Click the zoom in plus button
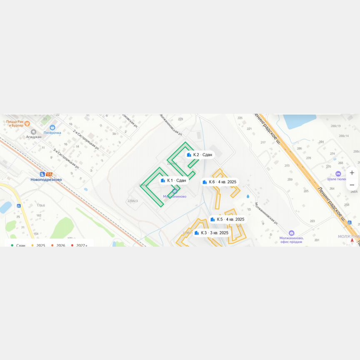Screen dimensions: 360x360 [x=352, y=172]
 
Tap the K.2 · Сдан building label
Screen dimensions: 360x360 [x=200, y=155]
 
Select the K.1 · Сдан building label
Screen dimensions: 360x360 [x=174, y=180]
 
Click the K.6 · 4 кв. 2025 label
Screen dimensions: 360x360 [x=220, y=182]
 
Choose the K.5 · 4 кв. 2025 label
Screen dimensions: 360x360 [x=227, y=219]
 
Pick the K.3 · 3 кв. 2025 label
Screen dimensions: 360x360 [x=212, y=233]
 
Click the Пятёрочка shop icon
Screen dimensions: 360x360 [x=52, y=127]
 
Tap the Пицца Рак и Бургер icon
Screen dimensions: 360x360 [x=27, y=123]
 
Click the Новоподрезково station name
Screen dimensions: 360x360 [x=46, y=180]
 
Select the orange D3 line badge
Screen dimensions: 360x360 [x=50, y=174]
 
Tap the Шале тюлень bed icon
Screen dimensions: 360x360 [x=338, y=173]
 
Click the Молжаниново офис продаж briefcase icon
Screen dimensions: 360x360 [x=291, y=233]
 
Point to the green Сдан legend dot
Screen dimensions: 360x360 [x=12, y=245]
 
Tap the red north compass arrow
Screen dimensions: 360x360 [x=352, y=240]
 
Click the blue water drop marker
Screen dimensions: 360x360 [x=248, y=196]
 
